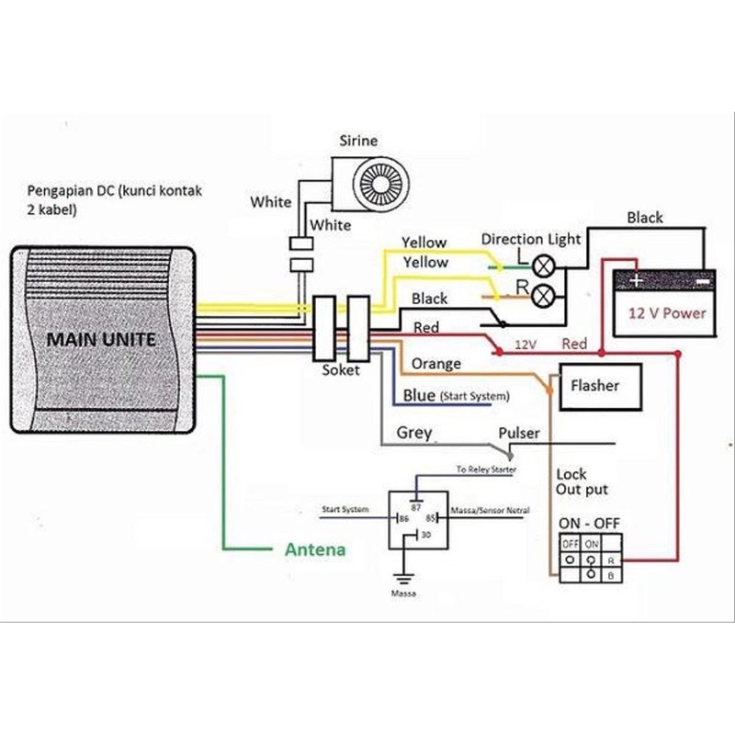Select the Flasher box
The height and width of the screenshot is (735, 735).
point(594,386)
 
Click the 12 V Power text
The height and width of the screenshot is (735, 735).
point(667,312)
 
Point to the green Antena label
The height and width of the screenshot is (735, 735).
point(313,550)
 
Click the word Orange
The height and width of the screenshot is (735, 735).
point(435,364)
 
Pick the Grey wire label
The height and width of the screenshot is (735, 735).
point(413,432)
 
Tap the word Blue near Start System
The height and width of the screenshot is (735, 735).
point(420,396)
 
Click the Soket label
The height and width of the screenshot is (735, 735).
point(341,370)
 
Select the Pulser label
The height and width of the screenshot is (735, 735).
point(519,433)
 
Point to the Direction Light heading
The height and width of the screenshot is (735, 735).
point(531,240)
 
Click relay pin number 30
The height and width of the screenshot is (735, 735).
point(424,534)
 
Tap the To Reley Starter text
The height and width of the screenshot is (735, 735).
point(486,469)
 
